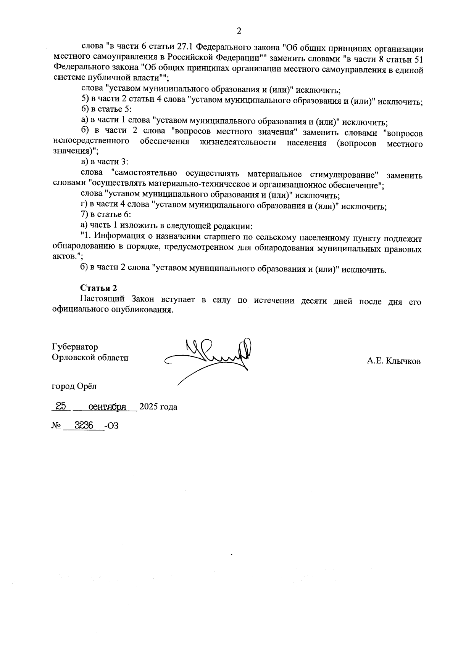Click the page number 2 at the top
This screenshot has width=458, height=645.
coord(239,31)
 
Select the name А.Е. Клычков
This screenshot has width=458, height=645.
coord(393,361)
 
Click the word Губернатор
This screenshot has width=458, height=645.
coord(75,347)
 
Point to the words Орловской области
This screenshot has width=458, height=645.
coord(90,358)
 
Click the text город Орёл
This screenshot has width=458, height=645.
coord(74,386)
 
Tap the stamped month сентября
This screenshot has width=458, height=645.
coord(107,407)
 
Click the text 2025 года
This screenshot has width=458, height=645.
coord(158,407)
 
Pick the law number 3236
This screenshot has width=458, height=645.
coord(84,425)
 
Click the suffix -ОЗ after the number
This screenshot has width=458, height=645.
coord(111,426)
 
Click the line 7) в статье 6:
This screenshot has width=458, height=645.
coord(104,215)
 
